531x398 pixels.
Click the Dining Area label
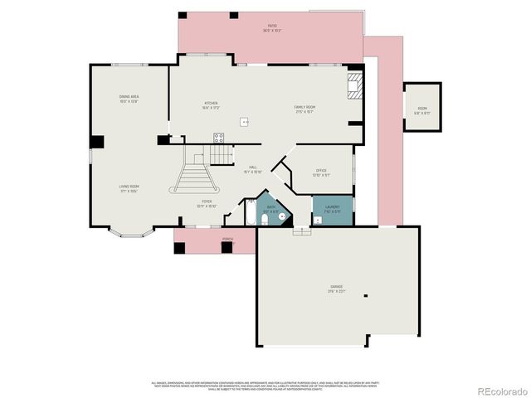point(129,99)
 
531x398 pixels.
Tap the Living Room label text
point(129,189)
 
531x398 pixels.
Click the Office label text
point(321,172)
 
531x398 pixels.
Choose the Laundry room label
point(332,209)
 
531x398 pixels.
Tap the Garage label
point(336,289)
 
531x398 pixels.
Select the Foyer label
point(206,203)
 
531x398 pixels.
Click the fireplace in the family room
point(354,86)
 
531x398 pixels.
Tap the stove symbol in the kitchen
point(219,138)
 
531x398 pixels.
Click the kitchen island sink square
point(245,122)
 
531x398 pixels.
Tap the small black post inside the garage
point(366,294)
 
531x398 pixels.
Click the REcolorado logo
point(500,390)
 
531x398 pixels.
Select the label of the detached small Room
point(422,110)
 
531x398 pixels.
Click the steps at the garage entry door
point(301,231)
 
